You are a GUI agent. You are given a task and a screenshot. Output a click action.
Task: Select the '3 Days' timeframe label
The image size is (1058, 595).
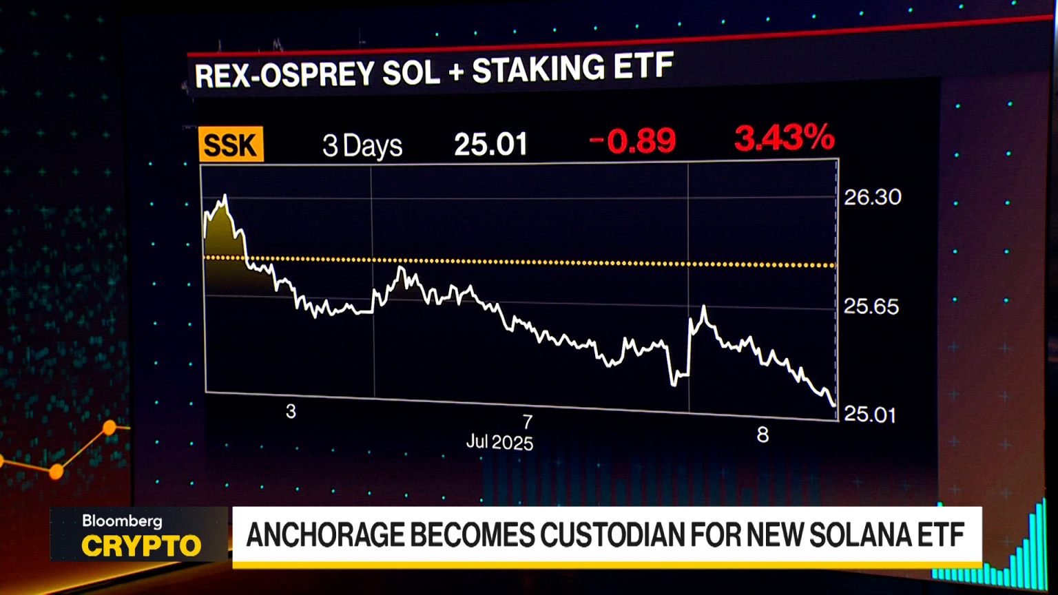pyautogui.click(x=362, y=145)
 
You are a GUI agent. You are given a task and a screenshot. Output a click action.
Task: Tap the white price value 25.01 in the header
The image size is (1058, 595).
pyautogui.click(x=490, y=144)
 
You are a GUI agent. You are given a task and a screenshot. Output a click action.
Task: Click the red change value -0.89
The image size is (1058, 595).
pyautogui.click(x=632, y=141)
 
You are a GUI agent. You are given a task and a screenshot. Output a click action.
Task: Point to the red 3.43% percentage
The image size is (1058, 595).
pyautogui.click(x=784, y=138)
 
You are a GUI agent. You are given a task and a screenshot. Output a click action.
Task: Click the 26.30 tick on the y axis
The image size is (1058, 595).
pyautogui.click(x=872, y=198)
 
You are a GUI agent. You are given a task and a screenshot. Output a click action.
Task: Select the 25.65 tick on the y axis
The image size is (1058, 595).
pyautogui.click(x=871, y=306)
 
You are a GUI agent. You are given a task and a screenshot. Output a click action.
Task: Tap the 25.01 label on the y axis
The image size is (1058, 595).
pyautogui.click(x=869, y=414)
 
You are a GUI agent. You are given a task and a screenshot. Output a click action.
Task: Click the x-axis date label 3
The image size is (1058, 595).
pyautogui.click(x=291, y=411)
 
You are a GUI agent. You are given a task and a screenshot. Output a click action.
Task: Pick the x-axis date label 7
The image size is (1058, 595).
pyautogui.click(x=527, y=421)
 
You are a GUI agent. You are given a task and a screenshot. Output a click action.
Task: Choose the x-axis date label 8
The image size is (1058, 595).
pyautogui.click(x=763, y=435)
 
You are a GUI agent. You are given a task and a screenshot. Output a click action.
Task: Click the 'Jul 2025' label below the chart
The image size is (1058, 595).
pyautogui.click(x=499, y=441)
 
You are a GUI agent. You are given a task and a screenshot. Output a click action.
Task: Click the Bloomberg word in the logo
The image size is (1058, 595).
pyautogui.click(x=122, y=521)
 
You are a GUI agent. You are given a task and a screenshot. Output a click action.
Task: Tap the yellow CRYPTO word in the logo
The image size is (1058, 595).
pyautogui.click(x=141, y=546)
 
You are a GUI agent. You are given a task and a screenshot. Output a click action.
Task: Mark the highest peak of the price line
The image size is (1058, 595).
pyautogui.click(x=225, y=196)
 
